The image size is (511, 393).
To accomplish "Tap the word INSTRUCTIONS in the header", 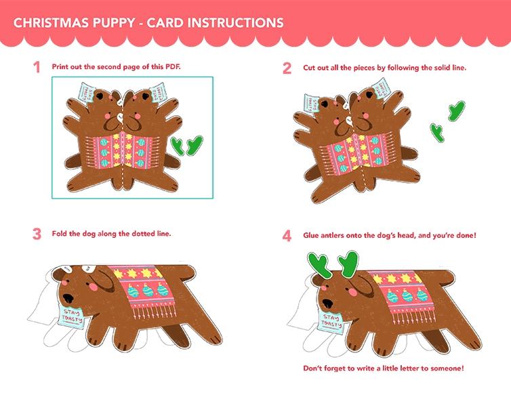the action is (236, 23).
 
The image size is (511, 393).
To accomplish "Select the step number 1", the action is (37, 68).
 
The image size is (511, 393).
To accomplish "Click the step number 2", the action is (287, 68).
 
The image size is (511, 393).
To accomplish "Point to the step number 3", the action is (37, 234).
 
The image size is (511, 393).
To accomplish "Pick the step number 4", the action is (287, 236).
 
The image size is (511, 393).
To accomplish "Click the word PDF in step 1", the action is (173, 66).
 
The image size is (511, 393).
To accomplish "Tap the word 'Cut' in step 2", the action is (309, 68).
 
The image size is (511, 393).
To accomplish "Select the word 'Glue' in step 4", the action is (311, 235).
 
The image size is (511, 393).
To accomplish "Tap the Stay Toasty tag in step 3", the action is (72, 316).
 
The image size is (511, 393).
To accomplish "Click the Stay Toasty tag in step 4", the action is (331, 321).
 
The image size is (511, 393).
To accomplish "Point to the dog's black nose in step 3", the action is (68, 298).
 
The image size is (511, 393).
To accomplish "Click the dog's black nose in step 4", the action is (327, 303).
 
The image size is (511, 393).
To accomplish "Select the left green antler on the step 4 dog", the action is (319, 265).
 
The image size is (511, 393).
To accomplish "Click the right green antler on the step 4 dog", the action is (349, 264).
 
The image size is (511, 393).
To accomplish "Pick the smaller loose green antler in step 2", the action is (437, 132).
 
